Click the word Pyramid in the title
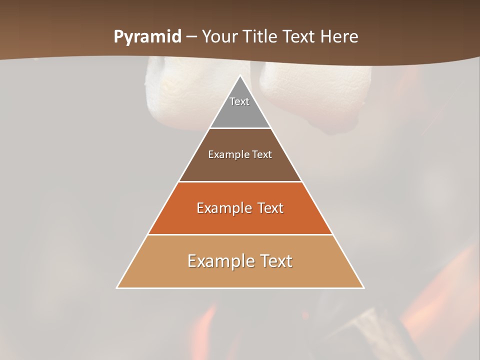tap(147, 37)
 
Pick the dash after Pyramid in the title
tap(191, 37)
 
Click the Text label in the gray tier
tap(239, 101)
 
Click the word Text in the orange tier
tap(270, 208)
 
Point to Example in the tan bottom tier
tap(218, 261)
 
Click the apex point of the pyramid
tap(240, 75)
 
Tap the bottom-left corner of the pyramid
tap(117, 287)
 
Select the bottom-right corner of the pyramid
tap(363, 287)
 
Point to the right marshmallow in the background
tap(305, 90)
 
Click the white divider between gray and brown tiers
tap(240, 128)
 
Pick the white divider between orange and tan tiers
tap(240, 234)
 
